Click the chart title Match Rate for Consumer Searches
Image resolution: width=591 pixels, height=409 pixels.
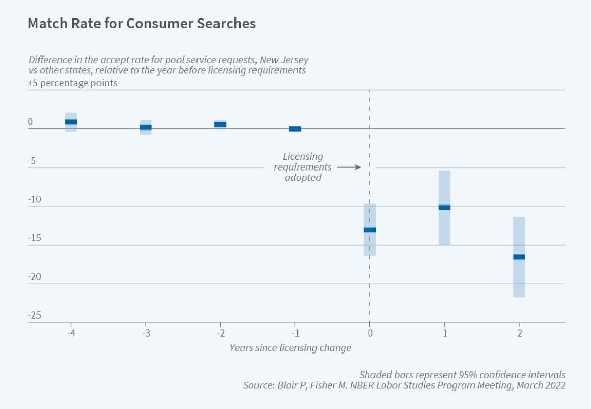point(142,24)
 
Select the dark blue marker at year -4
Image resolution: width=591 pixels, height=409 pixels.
point(71,122)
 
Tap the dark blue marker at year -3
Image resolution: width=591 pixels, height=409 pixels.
point(146,127)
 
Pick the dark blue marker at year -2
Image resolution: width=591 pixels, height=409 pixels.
point(220,124)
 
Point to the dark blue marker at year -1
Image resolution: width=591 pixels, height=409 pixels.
point(295,128)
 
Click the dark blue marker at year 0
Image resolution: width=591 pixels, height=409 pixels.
point(369,230)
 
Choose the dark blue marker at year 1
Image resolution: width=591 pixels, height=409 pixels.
point(444,208)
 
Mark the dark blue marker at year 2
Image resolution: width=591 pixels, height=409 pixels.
point(519,257)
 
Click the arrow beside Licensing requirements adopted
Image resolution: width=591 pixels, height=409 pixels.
point(349,167)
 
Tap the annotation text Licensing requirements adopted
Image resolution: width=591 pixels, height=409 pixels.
point(303,167)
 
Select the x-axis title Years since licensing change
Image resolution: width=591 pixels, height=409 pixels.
point(290,348)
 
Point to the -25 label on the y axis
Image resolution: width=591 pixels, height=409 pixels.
point(34,315)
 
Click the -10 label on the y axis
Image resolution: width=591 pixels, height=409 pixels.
point(34,199)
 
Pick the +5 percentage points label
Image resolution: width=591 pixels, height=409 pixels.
point(73,83)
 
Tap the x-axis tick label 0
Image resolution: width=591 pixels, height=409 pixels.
point(369,333)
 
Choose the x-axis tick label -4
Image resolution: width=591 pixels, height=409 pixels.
point(71,333)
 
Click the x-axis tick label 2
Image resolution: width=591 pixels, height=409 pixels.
point(519,333)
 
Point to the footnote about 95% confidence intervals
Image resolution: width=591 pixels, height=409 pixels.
point(462,374)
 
